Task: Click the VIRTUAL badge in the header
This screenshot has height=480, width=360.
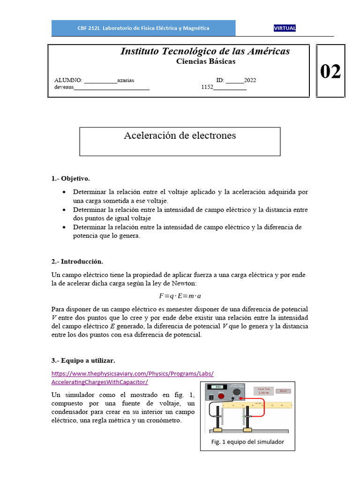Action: [x=285, y=28]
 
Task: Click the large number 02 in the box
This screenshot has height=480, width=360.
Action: [x=330, y=72]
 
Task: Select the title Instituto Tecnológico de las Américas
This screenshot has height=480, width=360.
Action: [x=205, y=51]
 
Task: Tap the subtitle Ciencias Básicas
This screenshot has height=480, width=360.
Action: [x=206, y=61]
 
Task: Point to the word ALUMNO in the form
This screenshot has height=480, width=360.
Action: [x=68, y=81]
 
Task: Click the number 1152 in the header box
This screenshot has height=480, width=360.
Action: [x=207, y=87]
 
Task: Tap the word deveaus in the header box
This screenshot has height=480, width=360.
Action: [x=64, y=87]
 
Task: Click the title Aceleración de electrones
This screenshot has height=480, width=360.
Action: [x=180, y=136]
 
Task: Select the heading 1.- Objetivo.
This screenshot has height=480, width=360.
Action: [x=70, y=179]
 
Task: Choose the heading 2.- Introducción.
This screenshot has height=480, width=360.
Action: [x=77, y=261]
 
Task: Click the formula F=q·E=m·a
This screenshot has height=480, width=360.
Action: [x=180, y=296]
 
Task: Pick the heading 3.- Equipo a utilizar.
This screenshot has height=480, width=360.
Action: [x=83, y=360]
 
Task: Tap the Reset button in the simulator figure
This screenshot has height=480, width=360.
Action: [x=283, y=390]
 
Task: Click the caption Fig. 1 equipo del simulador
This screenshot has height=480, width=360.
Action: [x=247, y=442]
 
